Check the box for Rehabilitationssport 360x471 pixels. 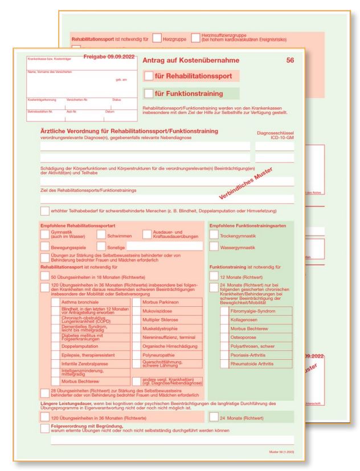pyautogui.click(x=149, y=75)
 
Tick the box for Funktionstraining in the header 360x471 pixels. pyautogui.click(x=149, y=94)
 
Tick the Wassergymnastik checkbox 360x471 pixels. pyautogui.click(x=215, y=247)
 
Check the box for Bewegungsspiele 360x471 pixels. pyautogui.click(x=45, y=247)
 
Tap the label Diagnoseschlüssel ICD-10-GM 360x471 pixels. pyautogui.click(x=275, y=136)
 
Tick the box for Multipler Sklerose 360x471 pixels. pyautogui.click(x=137, y=321)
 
